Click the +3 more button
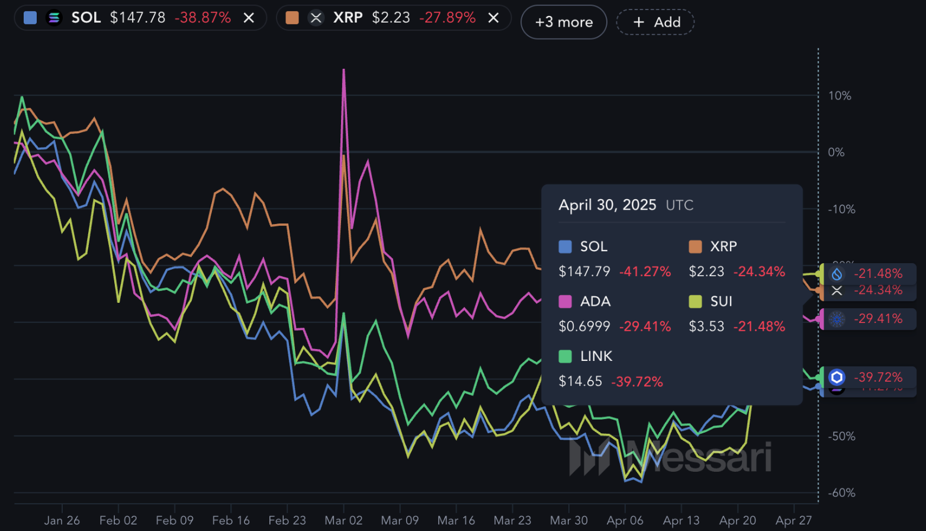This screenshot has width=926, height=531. (x=564, y=22)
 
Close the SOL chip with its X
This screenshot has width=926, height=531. (x=249, y=18)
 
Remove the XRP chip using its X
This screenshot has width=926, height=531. (x=493, y=18)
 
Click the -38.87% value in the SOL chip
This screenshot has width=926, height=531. (x=202, y=18)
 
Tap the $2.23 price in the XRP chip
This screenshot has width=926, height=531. (x=391, y=18)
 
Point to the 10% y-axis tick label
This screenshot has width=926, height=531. (x=839, y=95)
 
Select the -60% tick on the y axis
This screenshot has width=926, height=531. (x=841, y=492)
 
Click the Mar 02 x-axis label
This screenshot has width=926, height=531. (x=343, y=520)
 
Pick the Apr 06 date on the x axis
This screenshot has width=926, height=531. (x=625, y=520)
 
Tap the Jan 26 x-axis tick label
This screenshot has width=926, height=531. (x=62, y=520)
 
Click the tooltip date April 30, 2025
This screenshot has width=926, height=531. (x=607, y=205)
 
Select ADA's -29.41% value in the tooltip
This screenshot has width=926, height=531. (x=645, y=327)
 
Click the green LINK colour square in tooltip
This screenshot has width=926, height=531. (x=565, y=356)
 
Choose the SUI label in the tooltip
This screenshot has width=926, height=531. (x=721, y=301)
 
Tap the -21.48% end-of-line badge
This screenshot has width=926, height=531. (x=877, y=274)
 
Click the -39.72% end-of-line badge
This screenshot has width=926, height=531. (x=877, y=378)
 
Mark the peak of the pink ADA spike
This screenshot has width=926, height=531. (x=343, y=69)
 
